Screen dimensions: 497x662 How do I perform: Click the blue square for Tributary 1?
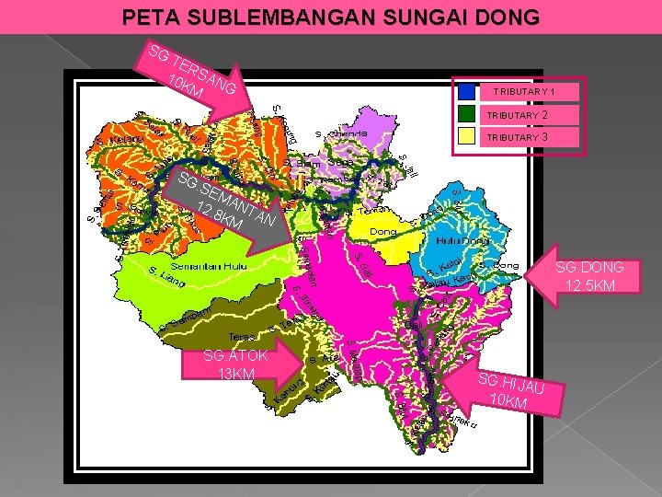point(468,92)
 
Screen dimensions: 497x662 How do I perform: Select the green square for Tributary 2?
point(468,115)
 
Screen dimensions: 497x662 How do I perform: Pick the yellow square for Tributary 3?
point(468,136)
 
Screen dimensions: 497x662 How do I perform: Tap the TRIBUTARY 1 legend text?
point(523,92)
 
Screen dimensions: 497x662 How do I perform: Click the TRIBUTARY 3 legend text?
point(518,137)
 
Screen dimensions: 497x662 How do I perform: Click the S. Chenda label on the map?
point(342,133)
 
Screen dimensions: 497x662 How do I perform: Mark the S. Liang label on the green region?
point(166,276)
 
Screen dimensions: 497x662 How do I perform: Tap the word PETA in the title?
point(145,17)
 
